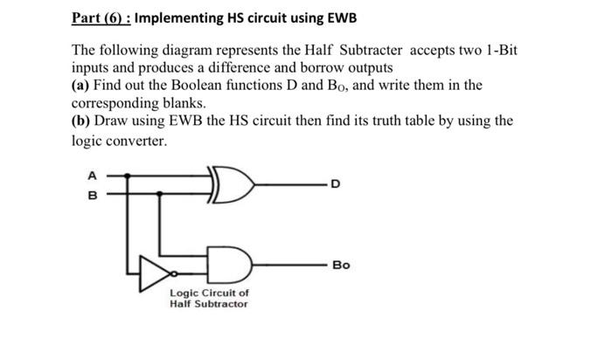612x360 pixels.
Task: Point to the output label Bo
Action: pyautogui.click(x=341, y=264)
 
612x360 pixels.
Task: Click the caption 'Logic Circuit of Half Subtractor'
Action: pyautogui.click(x=209, y=298)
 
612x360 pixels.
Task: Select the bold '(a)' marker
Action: pyautogui.click(x=81, y=86)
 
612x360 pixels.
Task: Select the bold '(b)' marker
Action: pyautogui.click(x=82, y=121)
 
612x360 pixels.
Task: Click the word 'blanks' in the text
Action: pyautogui.click(x=180, y=103)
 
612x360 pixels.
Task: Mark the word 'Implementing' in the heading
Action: pyautogui.click(x=189, y=18)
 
